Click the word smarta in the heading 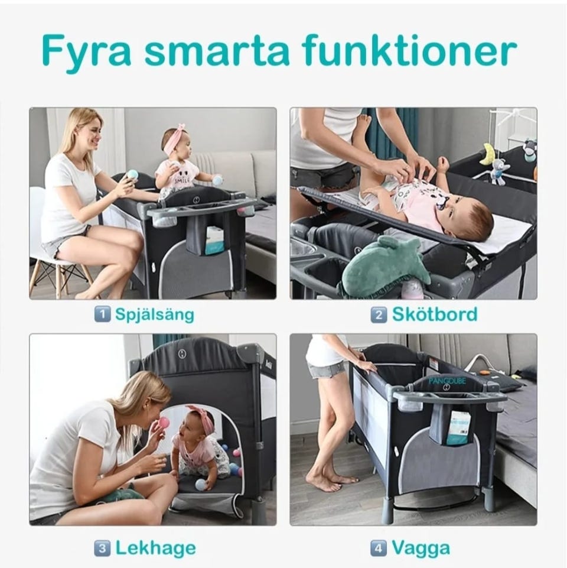[x=217, y=51]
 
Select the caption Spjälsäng [x=155, y=314]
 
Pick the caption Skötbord [x=435, y=314]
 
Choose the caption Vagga [x=421, y=548]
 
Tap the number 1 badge [x=102, y=314]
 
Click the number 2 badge [x=379, y=314]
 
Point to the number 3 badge [x=102, y=548]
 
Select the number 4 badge [x=379, y=548]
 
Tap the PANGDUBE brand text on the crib [x=447, y=381]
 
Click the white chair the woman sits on [x=58, y=254]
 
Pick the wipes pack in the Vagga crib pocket [x=458, y=428]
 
